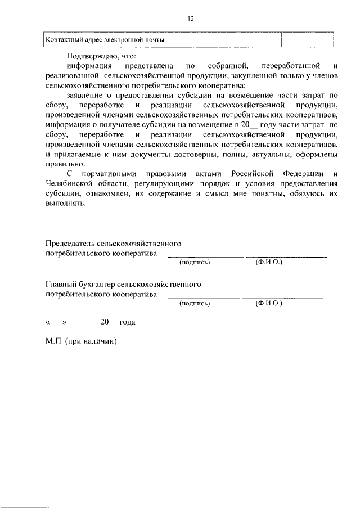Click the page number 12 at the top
[191, 19]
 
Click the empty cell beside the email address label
[307, 40]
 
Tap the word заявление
[83, 96]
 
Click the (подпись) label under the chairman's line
[195, 263]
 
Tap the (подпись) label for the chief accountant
[195, 303]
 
